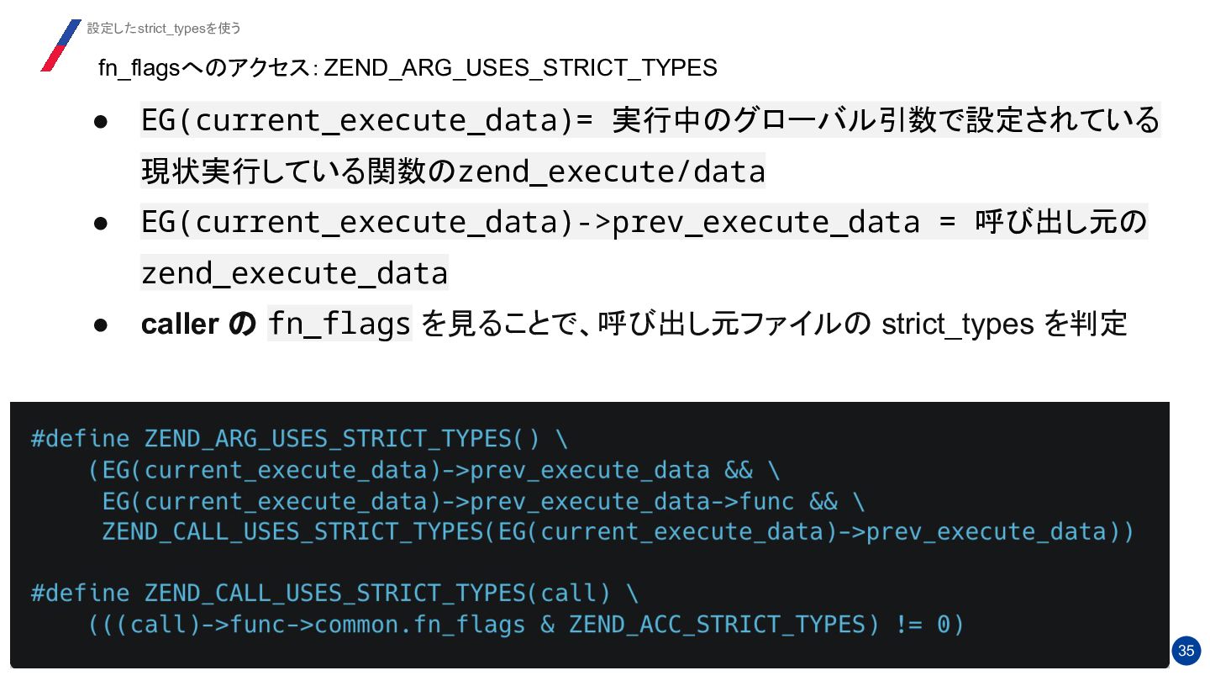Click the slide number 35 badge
(1186, 651)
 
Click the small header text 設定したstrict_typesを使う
(164, 29)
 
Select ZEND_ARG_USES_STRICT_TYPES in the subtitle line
(520, 68)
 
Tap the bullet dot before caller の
(100, 325)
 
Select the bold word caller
(180, 325)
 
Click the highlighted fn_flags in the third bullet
(339, 325)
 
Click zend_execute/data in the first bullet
(611, 172)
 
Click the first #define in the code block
(81, 439)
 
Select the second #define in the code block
(81, 594)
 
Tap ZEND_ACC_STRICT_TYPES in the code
(717, 625)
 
